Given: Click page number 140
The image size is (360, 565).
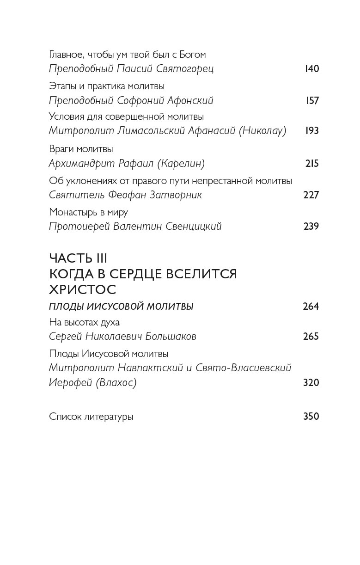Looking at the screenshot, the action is (x=312, y=69).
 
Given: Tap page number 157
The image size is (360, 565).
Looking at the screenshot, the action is (x=312, y=100).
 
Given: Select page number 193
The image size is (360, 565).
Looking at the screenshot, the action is (x=312, y=131).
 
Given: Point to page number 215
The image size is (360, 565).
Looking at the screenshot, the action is (x=312, y=163).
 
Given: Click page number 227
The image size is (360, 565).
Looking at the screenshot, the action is (x=311, y=195).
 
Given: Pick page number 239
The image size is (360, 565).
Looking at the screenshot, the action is (x=311, y=226).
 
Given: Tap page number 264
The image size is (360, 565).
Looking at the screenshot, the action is (x=311, y=306).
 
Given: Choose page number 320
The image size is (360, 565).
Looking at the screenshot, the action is (x=311, y=382).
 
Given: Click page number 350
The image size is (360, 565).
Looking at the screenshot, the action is (x=311, y=416).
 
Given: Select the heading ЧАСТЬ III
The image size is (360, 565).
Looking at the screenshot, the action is (x=78, y=258).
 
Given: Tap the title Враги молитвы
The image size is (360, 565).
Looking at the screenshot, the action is (x=81, y=149).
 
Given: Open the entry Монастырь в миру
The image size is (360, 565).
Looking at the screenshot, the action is (x=88, y=212).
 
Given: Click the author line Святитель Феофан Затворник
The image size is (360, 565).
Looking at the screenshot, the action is (x=125, y=195).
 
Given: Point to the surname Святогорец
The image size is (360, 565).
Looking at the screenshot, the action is (x=184, y=69).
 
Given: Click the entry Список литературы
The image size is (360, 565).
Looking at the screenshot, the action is (x=91, y=416).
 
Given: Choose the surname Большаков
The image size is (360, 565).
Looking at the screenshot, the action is (x=165, y=337).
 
